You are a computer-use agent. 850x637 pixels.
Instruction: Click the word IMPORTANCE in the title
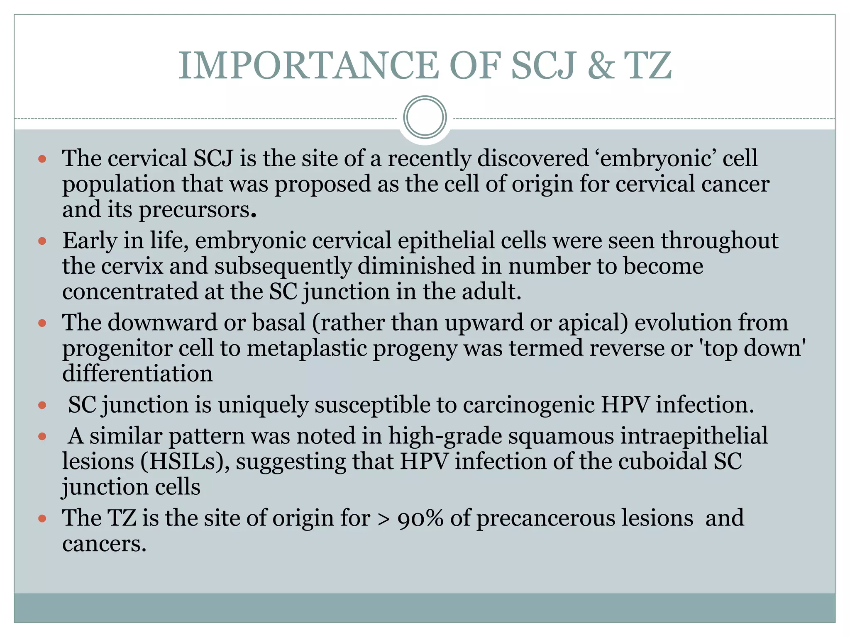pyautogui.click(x=308, y=66)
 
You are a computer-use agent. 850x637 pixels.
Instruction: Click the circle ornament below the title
pyautogui.click(x=425, y=117)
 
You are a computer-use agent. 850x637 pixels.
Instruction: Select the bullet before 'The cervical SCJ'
pyautogui.click(x=42, y=159)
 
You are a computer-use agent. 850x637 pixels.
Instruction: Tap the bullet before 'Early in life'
pyautogui.click(x=42, y=241)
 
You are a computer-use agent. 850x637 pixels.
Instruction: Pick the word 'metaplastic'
pyautogui.click(x=307, y=348)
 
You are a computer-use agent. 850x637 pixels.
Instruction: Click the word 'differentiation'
pyautogui.click(x=137, y=374)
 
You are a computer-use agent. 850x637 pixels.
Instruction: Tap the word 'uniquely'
pyautogui.click(x=263, y=405)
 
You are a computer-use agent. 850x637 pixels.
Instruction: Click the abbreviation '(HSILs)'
pyautogui.click(x=185, y=462)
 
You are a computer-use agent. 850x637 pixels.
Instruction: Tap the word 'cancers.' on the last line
pyautogui.click(x=104, y=544)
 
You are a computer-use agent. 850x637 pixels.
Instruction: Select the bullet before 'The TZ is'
pyautogui.click(x=42, y=518)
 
